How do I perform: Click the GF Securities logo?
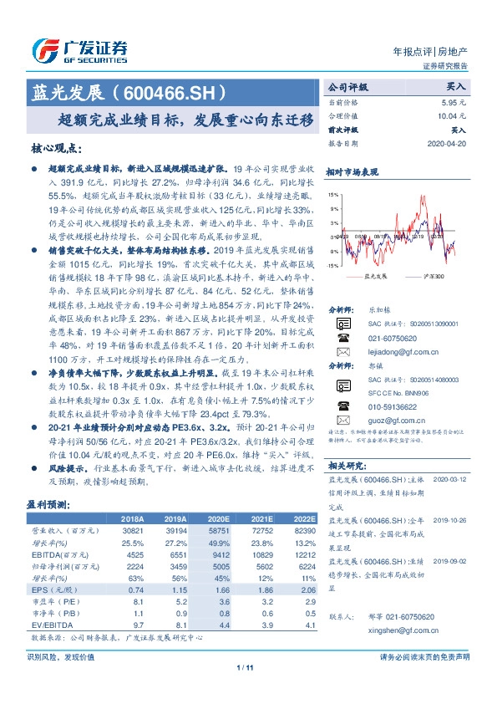click(79, 50)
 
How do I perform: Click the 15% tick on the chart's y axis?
click(335, 194)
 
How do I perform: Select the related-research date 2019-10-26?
click(453, 518)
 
